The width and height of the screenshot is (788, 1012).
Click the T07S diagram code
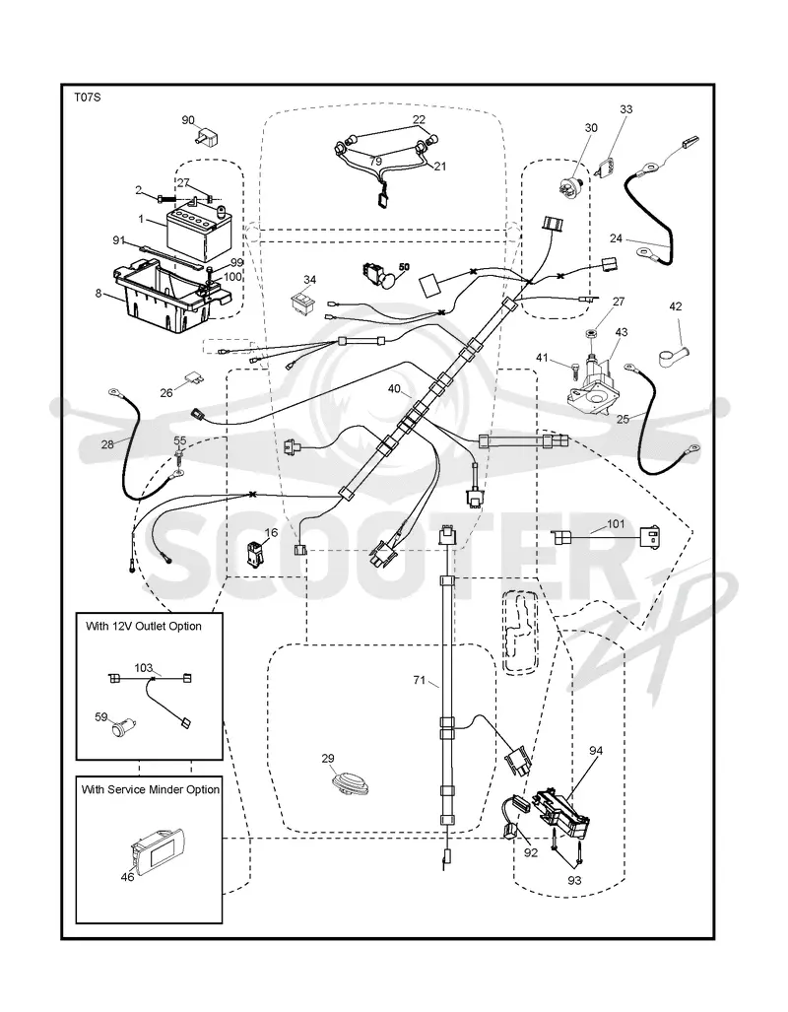[87, 98]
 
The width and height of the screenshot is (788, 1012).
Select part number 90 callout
[188, 120]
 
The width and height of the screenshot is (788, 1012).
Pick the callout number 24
[617, 238]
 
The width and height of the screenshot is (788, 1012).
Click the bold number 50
[404, 266]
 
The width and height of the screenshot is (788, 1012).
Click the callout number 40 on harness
[394, 389]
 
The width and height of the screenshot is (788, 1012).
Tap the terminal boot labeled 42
[672, 351]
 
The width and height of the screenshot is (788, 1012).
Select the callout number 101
[617, 523]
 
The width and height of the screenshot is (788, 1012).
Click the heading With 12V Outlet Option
[143, 626]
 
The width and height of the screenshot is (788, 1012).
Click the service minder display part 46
[159, 849]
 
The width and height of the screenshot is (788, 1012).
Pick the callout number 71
[420, 680]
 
